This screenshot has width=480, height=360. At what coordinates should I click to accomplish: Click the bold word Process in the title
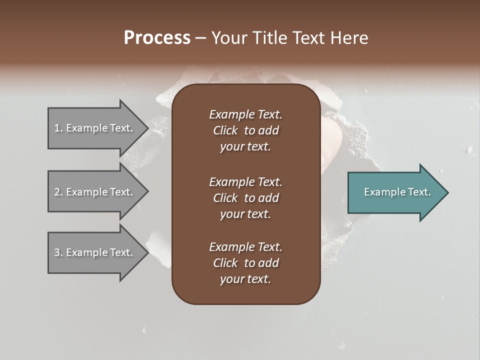click(157, 38)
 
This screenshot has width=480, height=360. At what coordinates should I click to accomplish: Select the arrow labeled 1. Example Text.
click(95, 128)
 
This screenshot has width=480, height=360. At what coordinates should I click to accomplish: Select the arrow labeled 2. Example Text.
click(95, 192)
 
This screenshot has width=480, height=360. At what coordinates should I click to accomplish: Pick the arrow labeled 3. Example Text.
click(95, 252)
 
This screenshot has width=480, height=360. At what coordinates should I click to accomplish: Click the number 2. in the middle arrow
click(58, 192)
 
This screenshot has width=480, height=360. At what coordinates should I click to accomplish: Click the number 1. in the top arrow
click(58, 128)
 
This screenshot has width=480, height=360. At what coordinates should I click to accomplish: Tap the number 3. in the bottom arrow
click(58, 252)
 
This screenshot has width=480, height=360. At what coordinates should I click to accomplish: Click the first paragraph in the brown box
click(245, 130)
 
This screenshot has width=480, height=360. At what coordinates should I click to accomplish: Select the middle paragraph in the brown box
click(245, 198)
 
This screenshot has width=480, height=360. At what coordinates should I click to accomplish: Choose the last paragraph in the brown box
click(245, 263)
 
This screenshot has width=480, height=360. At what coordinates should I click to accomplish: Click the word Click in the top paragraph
click(225, 130)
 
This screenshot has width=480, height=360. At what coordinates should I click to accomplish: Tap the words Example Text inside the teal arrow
click(397, 192)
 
